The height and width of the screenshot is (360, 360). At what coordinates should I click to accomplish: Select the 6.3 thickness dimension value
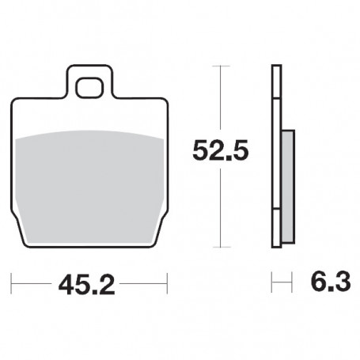[325, 281]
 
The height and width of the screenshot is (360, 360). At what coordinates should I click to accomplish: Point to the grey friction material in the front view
[90, 182]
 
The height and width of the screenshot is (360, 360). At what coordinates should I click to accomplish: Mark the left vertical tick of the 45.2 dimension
[12, 281]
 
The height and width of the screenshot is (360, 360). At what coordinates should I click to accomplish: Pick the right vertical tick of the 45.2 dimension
[168, 281]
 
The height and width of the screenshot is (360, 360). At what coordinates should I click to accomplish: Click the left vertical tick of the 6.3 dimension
[271, 281]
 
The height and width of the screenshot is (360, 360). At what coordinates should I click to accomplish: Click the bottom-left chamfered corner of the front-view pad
[19, 229]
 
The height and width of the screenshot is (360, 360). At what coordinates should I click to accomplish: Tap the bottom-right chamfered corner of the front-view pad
[161, 229]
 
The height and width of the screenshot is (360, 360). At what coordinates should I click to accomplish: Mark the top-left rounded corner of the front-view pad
[16, 102]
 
